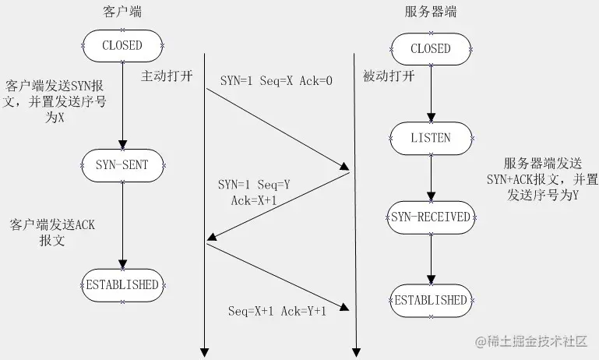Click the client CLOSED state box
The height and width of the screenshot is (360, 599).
(x=122, y=45)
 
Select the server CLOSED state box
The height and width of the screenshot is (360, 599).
(x=431, y=48)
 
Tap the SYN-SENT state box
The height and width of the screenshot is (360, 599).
(x=122, y=164)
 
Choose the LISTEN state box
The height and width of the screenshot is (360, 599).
(x=431, y=138)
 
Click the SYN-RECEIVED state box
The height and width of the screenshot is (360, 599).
(x=431, y=217)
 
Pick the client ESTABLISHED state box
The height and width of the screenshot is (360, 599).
(x=122, y=284)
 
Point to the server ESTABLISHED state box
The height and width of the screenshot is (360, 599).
(x=431, y=300)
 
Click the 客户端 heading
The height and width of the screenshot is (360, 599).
(x=122, y=13)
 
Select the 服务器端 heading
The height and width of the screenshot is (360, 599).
(x=431, y=13)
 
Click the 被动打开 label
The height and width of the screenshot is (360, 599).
(x=389, y=76)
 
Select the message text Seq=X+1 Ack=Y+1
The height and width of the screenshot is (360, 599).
(x=277, y=311)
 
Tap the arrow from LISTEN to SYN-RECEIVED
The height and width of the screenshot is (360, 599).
(x=431, y=178)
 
